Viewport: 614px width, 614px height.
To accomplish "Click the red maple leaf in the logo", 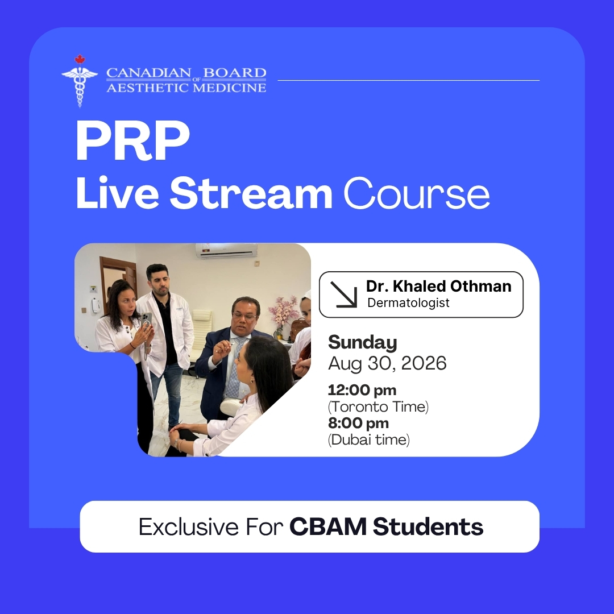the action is click(x=80, y=60).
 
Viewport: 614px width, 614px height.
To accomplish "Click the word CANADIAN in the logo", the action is click(x=149, y=73).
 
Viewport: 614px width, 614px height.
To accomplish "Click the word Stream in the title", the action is click(x=251, y=193).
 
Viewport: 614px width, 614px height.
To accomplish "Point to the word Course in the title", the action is click(x=417, y=193).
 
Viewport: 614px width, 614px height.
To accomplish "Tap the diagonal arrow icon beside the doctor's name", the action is click(x=344, y=294).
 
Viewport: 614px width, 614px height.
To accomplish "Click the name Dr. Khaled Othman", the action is click(x=438, y=286).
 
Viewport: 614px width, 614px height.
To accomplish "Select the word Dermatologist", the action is click(x=408, y=302).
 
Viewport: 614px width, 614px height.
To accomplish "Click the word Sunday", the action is click(x=363, y=342).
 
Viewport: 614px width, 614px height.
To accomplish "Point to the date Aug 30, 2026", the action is click(x=387, y=363).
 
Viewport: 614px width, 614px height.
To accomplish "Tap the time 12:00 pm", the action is click(x=362, y=390).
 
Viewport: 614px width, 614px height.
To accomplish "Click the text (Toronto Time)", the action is click(x=378, y=406).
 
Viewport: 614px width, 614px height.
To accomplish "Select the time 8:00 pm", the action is click(x=358, y=423).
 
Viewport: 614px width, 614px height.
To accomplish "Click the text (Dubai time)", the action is click(x=369, y=439).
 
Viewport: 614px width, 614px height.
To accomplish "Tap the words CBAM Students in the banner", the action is click(x=386, y=526).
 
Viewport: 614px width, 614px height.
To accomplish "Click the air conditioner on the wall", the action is click(x=227, y=251).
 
